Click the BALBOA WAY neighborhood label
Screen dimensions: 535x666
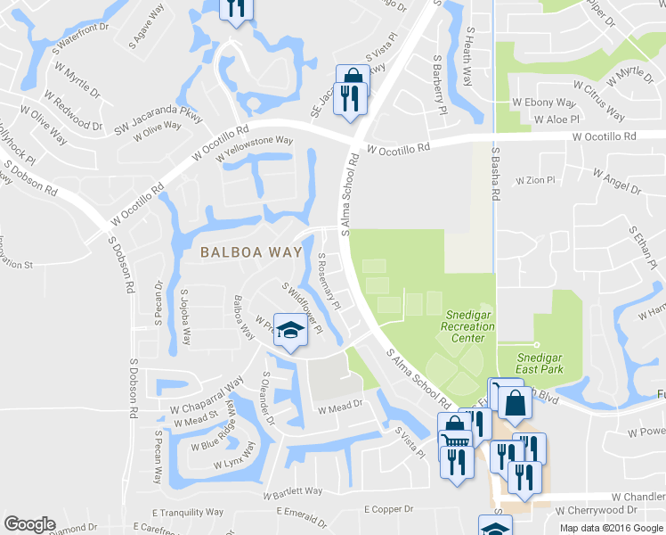[x=250, y=252]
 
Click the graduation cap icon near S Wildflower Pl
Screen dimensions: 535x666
[x=288, y=330]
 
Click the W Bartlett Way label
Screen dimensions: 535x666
[x=292, y=491]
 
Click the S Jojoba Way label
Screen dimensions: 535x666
[x=185, y=317]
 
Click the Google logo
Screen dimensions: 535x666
[x=29, y=523]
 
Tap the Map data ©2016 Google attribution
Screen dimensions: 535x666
[x=610, y=528]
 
